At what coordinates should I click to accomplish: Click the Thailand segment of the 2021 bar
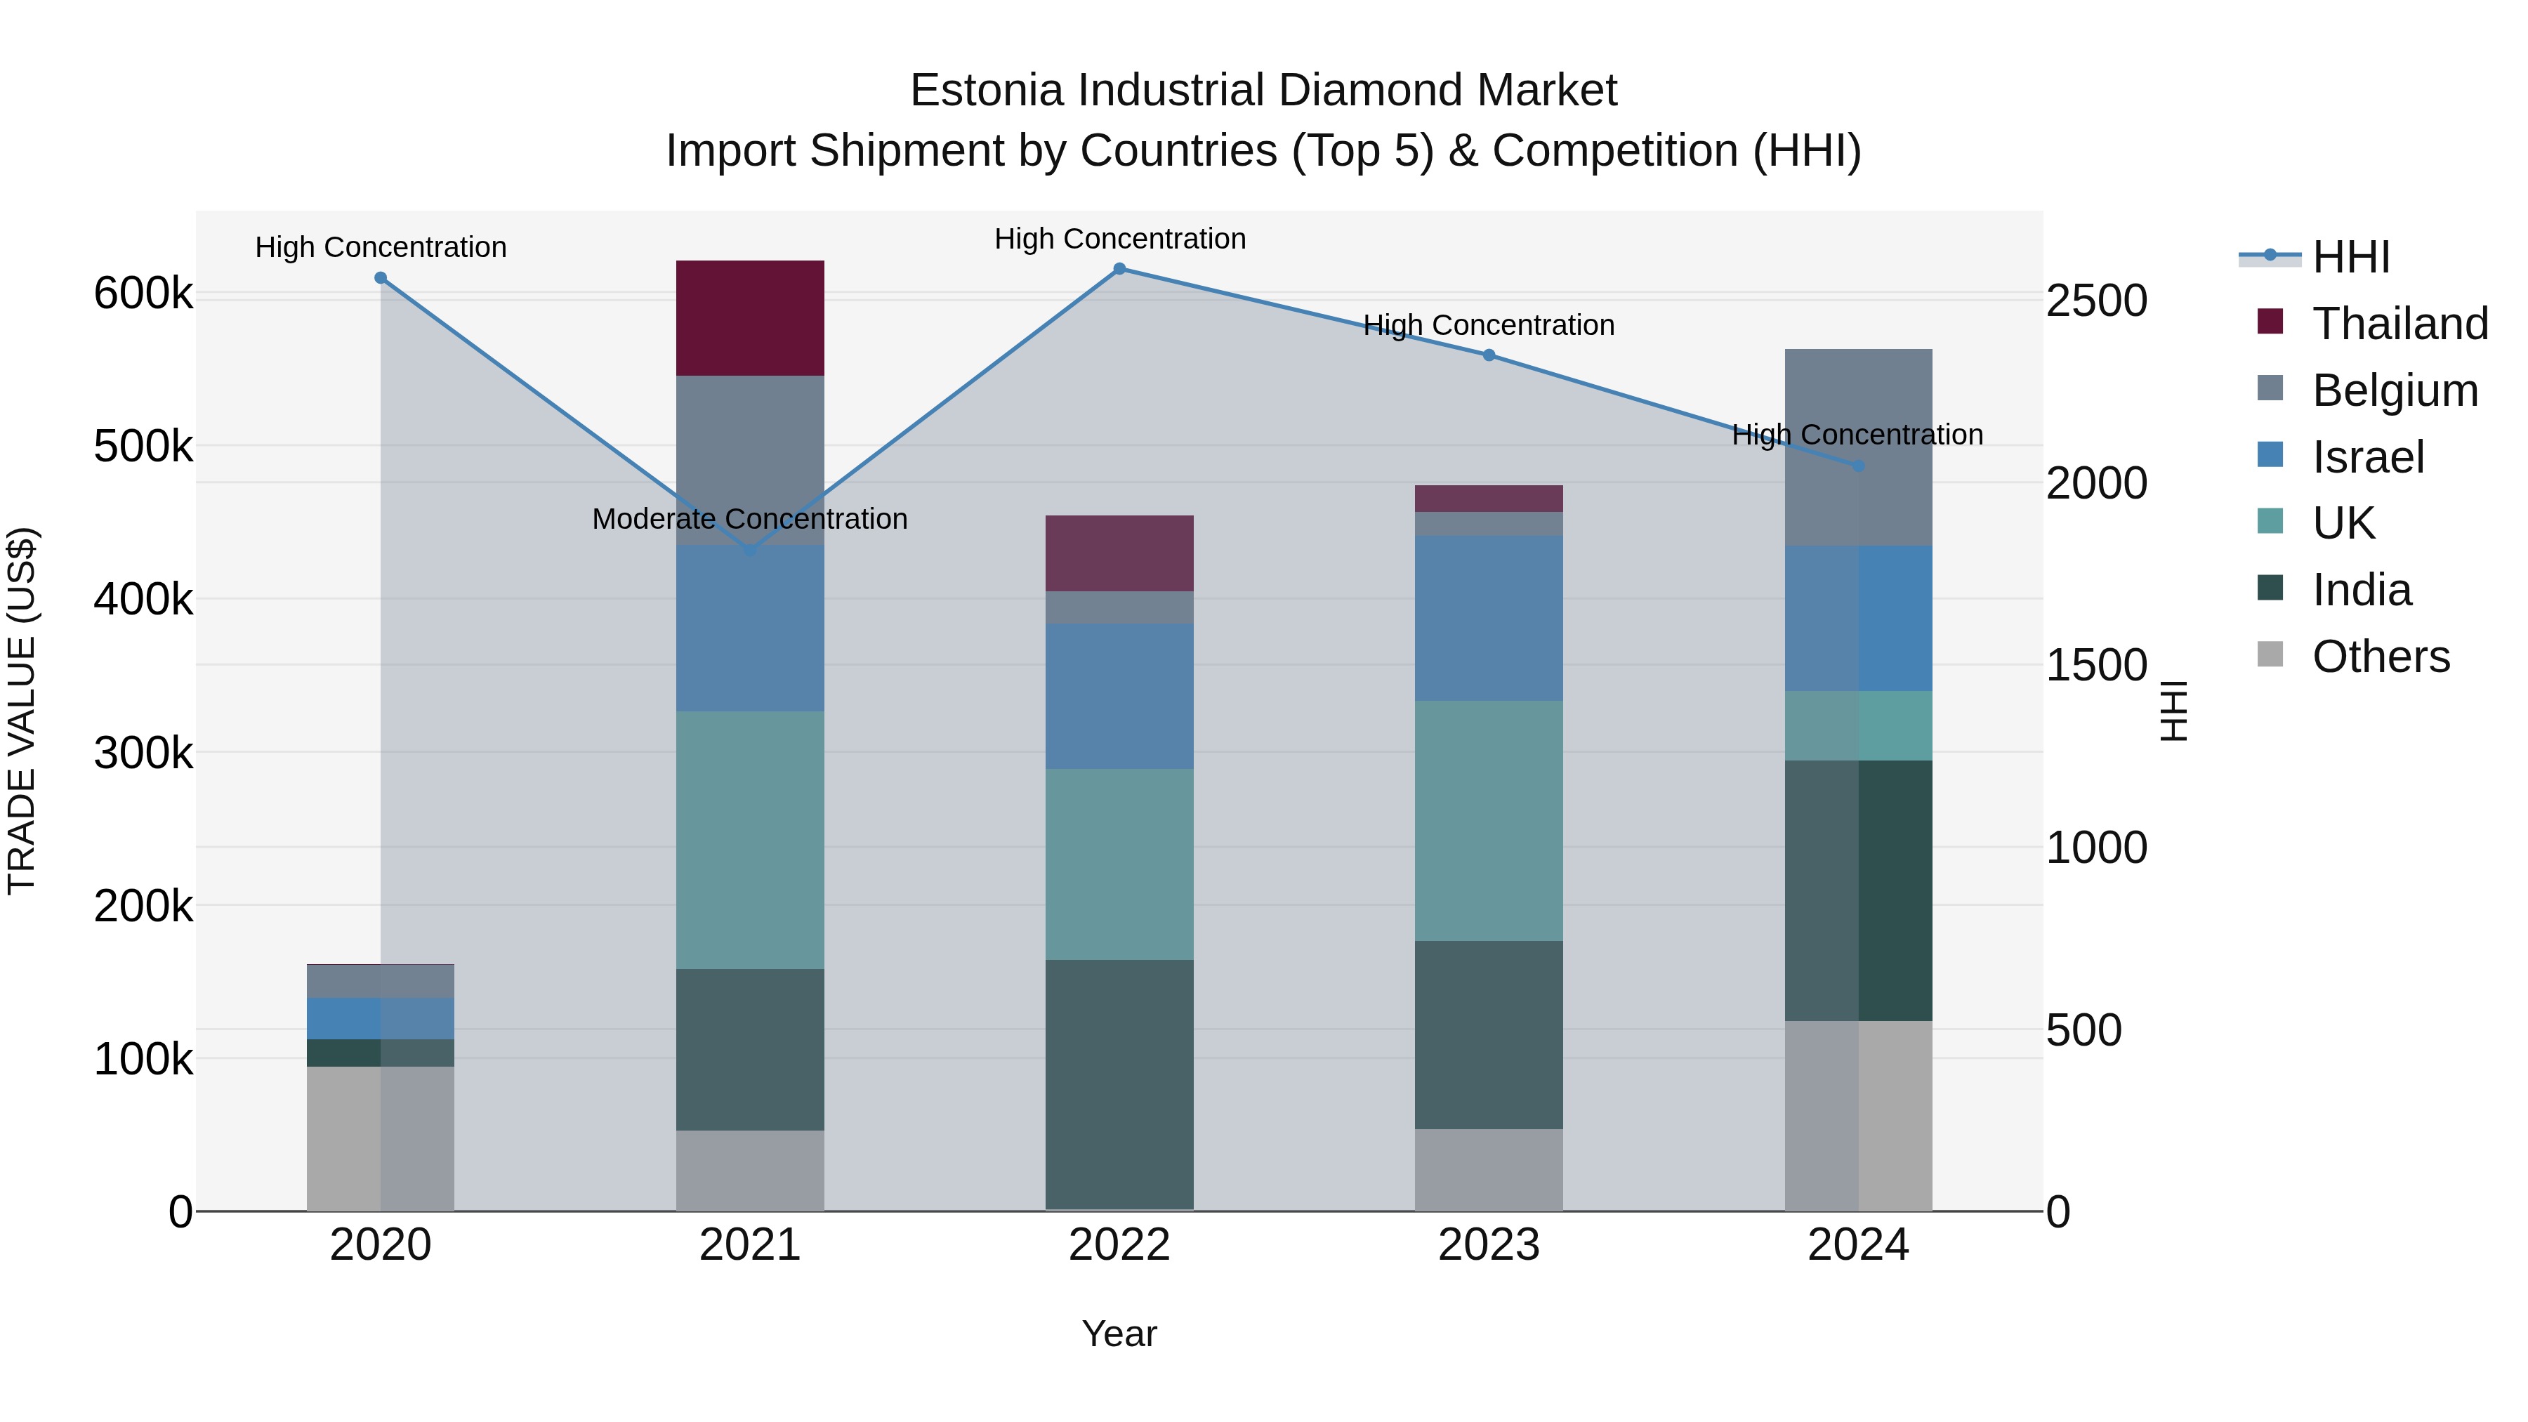(750, 318)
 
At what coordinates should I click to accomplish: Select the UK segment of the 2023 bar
(1488, 820)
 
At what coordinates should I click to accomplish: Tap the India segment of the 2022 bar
(1119, 1084)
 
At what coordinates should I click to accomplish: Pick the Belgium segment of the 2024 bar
(1857, 447)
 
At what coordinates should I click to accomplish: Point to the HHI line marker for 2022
(1119, 269)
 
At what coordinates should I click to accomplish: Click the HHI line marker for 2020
(381, 277)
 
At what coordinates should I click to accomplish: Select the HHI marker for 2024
(1857, 466)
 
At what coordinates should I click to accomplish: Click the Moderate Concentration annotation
(750, 519)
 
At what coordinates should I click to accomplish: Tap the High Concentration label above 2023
(1488, 325)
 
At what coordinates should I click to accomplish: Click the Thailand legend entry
(2399, 324)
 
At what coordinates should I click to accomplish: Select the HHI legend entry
(2350, 257)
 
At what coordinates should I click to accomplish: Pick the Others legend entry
(2380, 657)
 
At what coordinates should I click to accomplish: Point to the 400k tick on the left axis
(143, 598)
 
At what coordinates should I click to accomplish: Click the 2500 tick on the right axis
(2096, 301)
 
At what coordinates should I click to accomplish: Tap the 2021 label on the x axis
(750, 1245)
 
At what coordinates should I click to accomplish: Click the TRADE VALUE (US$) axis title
(22, 711)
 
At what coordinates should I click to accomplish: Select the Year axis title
(1119, 1334)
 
